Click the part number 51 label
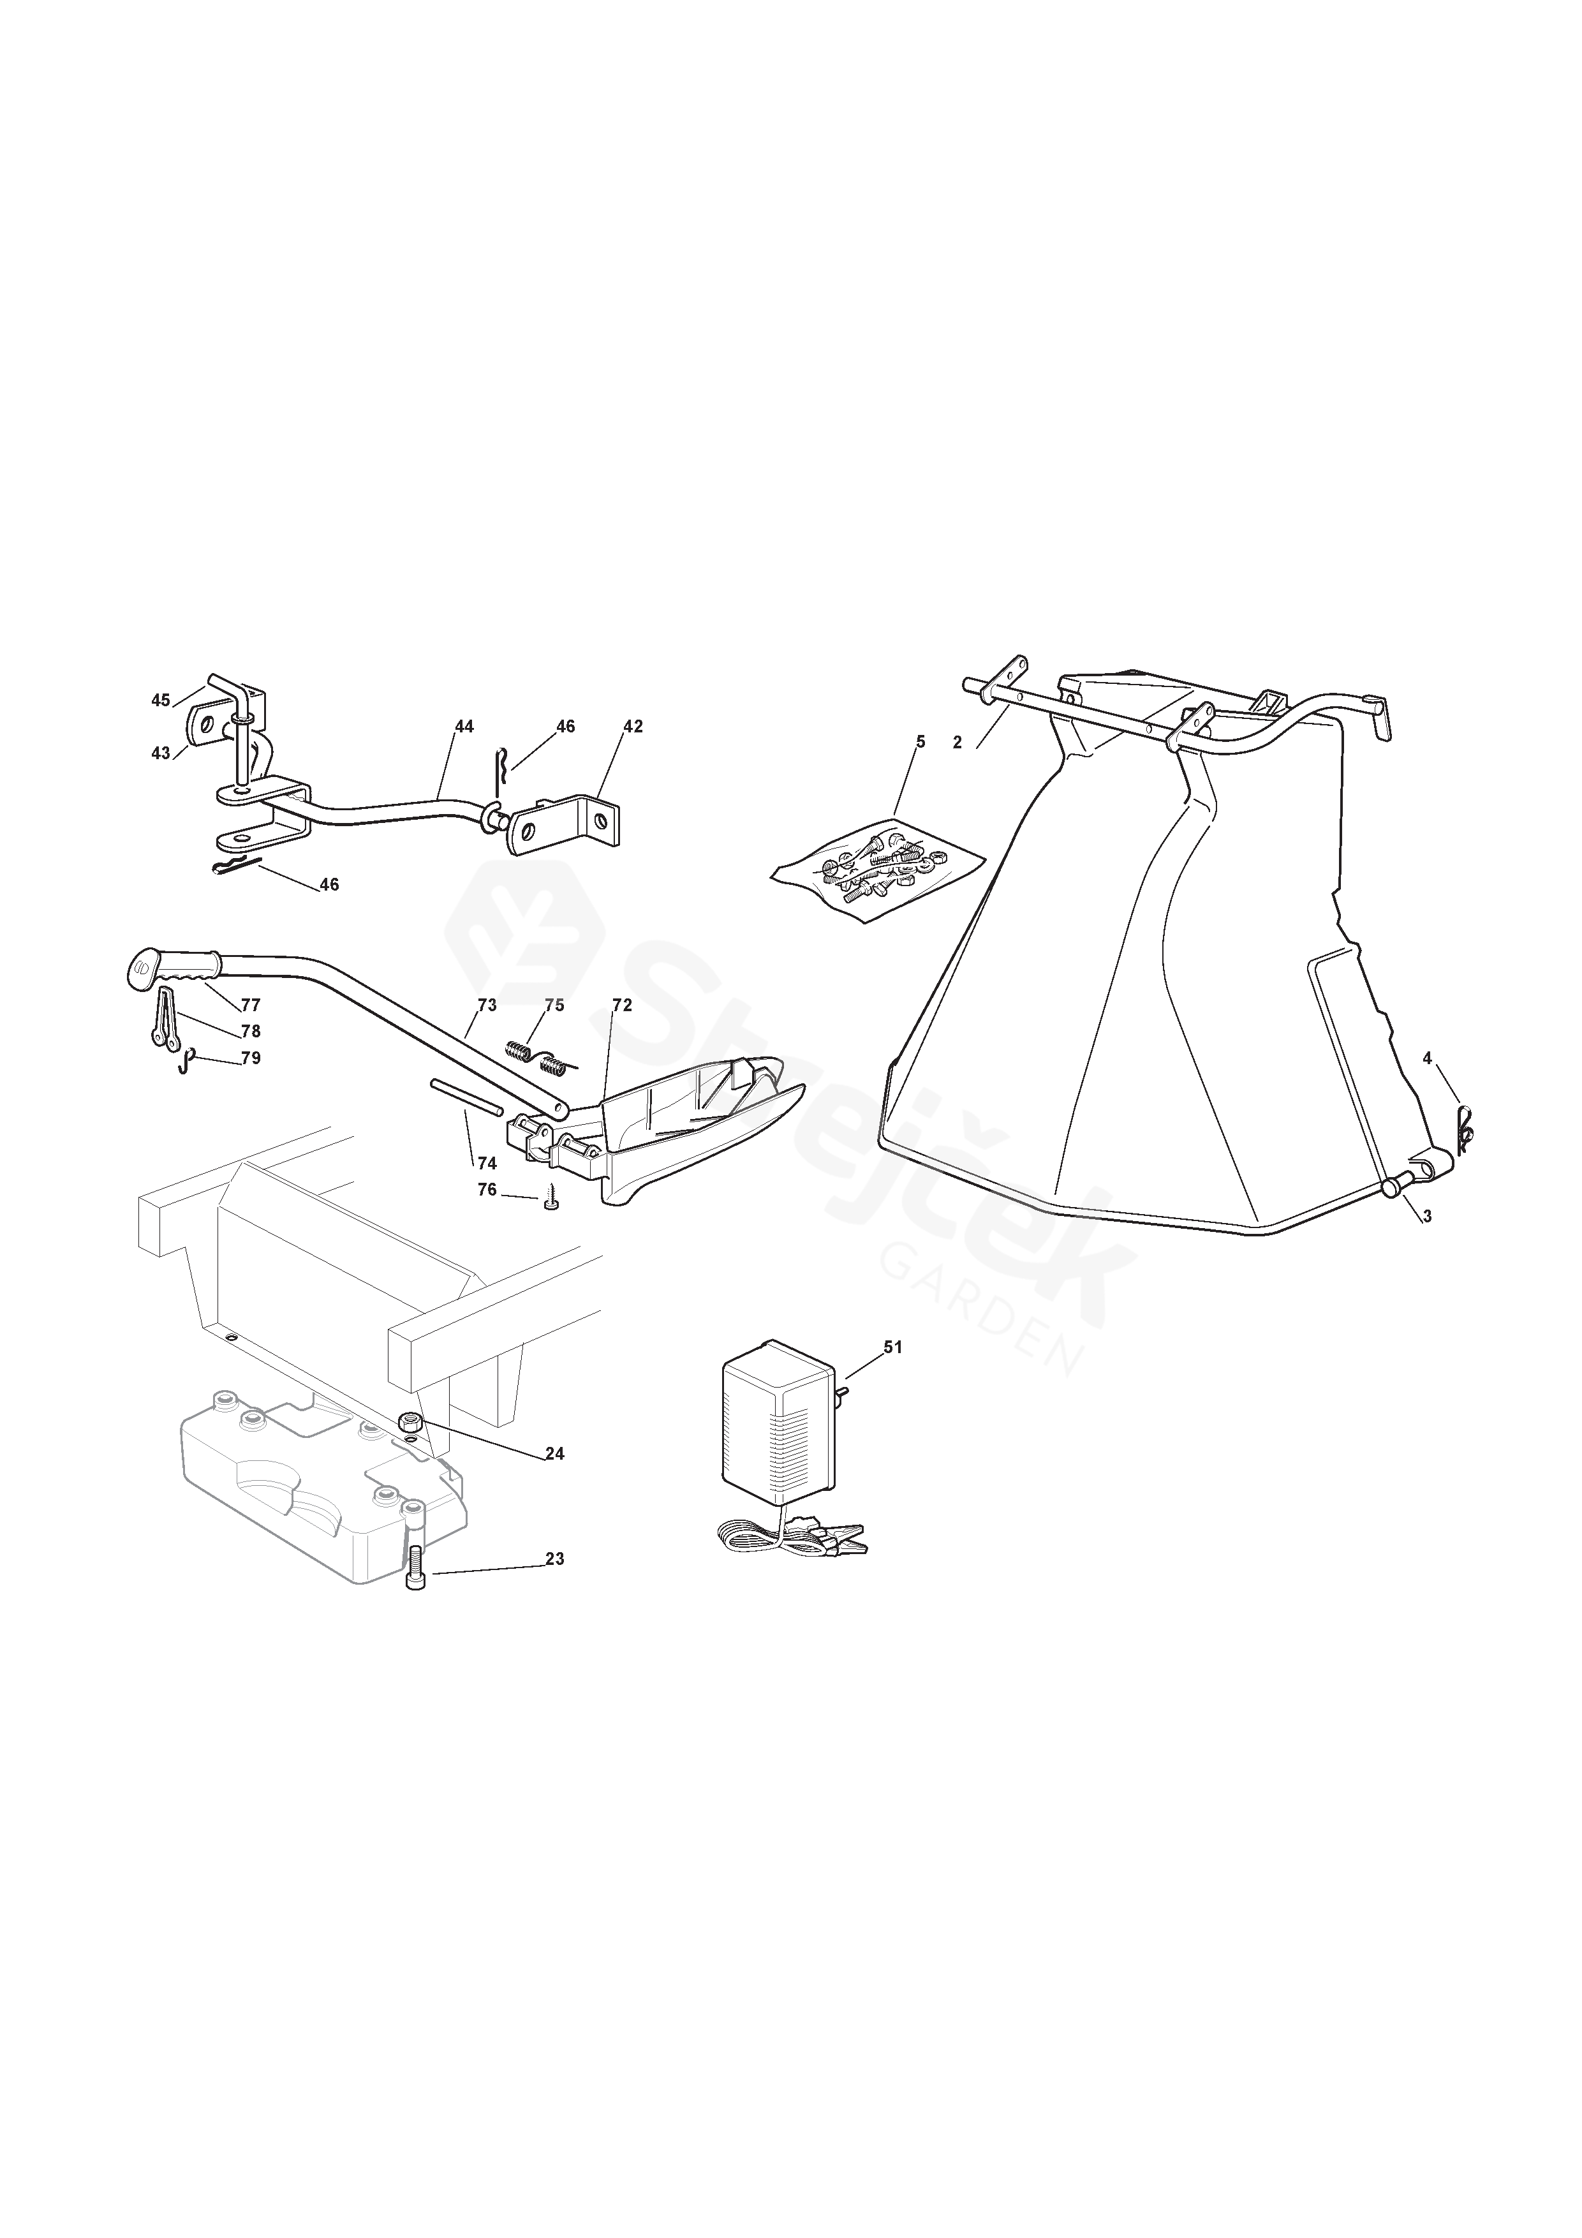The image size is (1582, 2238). pos(893,1347)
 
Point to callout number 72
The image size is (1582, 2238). pos(622,1005)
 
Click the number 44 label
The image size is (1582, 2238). pos(464,726)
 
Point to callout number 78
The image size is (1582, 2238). pos(251,1030)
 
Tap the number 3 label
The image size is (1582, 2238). pos(1427,1217)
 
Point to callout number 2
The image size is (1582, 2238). pos(957,743)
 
